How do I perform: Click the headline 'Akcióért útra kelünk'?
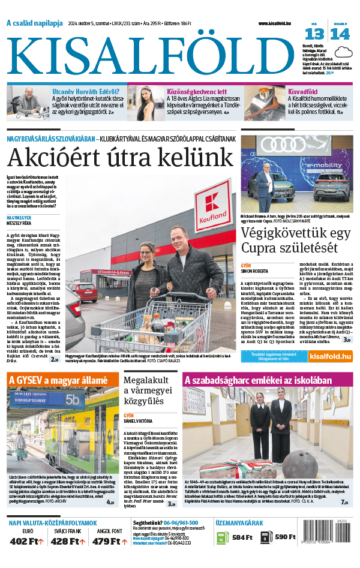pos(120,158)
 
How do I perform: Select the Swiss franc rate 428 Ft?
pos(67,542)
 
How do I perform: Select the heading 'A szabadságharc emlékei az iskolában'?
pos(257,380)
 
